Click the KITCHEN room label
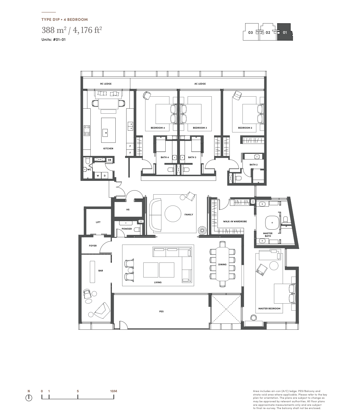point(108,149)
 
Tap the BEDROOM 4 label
point(158,128)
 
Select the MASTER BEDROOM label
point(269,309)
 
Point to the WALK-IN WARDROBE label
point(235,222)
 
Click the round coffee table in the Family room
point(173,214)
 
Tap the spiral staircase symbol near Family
point(202,230)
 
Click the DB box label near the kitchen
point(110,160)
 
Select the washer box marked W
point(98,176)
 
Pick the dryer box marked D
point(105,176)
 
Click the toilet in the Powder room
point(137,230)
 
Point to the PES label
point(161,312)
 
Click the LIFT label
point(98,222)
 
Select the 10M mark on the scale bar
point(114,391)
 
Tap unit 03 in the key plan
point(250,33)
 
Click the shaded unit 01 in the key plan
point(285,32)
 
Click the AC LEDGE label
point(200,84)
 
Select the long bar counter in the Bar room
point(92,272)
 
